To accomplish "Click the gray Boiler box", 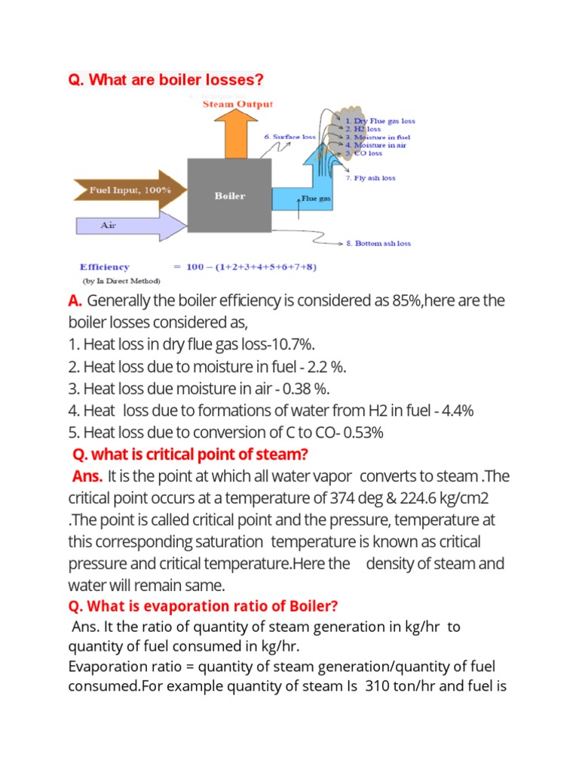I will coord(230,196).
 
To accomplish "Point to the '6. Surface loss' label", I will coord(290,137).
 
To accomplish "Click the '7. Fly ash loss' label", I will coord(370,178).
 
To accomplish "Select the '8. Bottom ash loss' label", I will coord(378,244).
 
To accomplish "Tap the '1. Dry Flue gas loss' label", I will coord(380,121).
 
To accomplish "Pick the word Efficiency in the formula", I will coord(105,266).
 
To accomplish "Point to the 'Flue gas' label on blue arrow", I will coord(317,199).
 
